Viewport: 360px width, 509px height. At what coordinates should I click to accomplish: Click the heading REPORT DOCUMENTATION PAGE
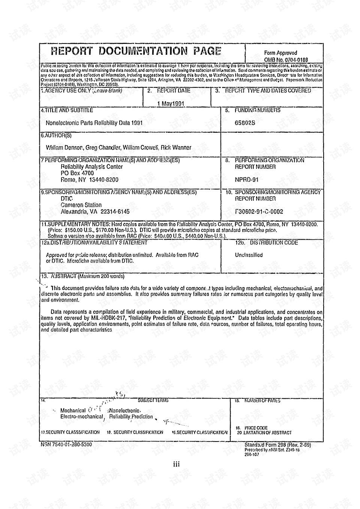pos(136,51)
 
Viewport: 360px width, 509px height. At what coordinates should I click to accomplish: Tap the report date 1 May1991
pos(171,104)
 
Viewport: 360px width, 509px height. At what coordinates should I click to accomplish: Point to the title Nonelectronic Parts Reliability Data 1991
pos(94,123)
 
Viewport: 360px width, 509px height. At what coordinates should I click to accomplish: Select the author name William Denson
pos(64,148)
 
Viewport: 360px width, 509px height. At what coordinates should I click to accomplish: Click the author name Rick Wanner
pos(176,148)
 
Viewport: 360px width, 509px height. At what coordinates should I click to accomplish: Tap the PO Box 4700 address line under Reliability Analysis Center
pos(77,173)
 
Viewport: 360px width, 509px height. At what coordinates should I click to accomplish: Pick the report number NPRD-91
pos(246,180)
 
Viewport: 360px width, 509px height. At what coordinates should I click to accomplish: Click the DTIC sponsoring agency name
pos(66,199)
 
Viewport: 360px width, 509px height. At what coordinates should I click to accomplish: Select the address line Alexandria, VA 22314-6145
pos(95,212)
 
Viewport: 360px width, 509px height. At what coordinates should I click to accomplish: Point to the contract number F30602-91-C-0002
pos(259,212)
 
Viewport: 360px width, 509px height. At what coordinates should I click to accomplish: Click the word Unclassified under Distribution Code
pos(249,255)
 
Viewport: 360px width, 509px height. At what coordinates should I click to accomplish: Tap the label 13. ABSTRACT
pos(82,276)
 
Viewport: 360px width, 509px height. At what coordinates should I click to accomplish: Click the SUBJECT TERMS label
pos(153,401)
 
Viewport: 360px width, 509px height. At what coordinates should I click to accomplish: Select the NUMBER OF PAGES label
pos(262,401)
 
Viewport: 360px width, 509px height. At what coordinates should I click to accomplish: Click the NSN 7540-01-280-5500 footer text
pos(66,444)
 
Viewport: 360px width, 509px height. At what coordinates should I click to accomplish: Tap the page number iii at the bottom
pos(176,464)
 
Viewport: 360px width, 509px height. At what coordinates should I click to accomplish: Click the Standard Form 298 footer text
pos(277,445)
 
